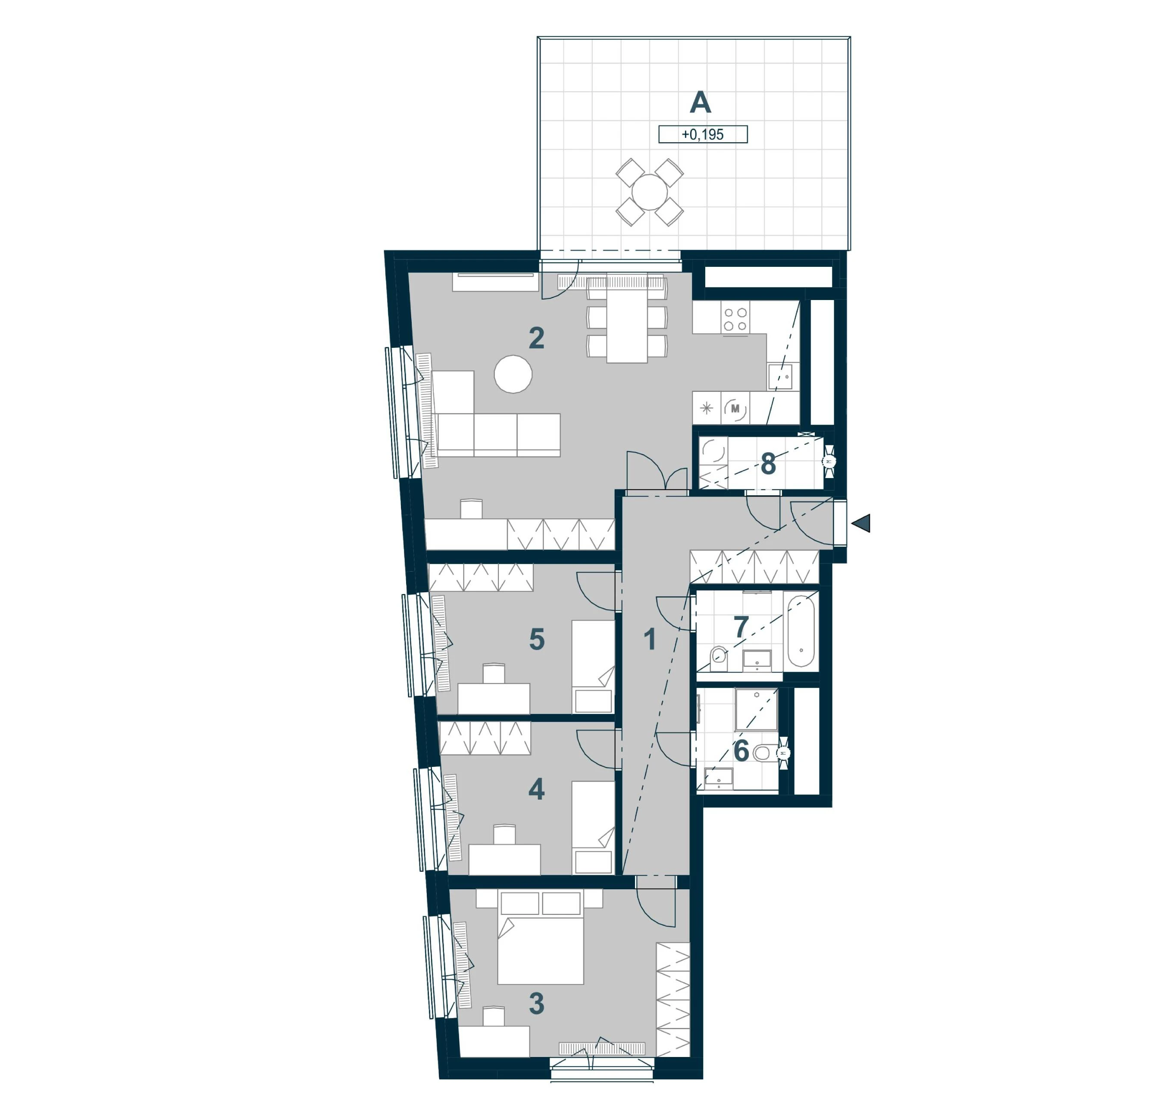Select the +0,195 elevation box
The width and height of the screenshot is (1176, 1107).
pos(703,134)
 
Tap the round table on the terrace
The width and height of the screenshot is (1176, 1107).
pos(650,192)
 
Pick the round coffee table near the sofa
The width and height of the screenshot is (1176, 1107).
pos(513,374)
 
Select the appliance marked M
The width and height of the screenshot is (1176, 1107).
pos(735,408)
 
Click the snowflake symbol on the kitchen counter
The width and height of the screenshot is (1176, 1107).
pos(706,408)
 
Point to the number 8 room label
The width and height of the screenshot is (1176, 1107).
pos(768,464)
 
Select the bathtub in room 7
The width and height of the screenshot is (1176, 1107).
pos(801,631)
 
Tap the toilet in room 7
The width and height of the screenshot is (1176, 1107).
pos(718,658)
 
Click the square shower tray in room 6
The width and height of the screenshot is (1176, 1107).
pos(756,709)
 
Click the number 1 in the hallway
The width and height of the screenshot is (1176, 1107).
pos(650,639)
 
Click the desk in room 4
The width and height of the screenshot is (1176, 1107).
pos(504,859)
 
